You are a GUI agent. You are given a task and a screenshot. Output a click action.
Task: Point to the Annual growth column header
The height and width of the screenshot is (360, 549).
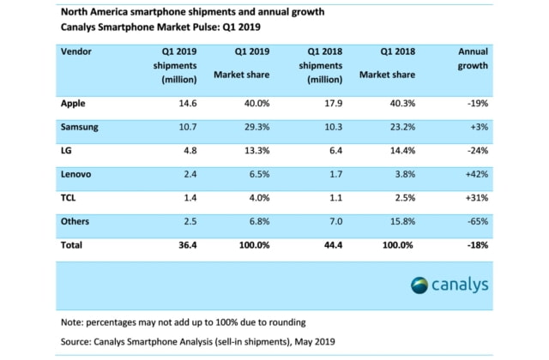[x=473, y=58]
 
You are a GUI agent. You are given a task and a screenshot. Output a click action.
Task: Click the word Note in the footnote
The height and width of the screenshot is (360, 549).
[x=74, y=322]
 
